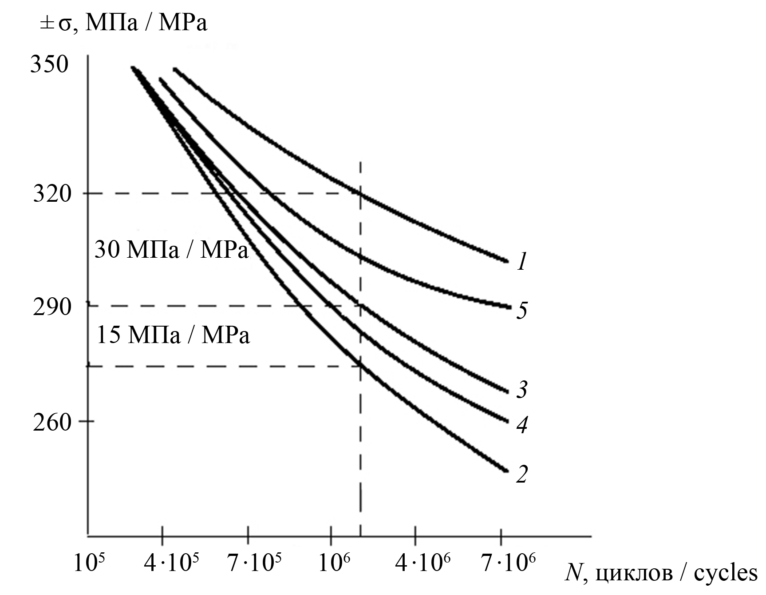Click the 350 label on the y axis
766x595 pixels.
coord(49,65)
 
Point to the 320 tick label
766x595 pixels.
coord(52,194)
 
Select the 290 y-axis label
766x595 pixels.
coord(52,307)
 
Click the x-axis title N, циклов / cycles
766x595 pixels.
coord(661,573)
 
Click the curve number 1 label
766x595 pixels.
coord(522,262)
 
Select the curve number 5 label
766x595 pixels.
coord(522,310)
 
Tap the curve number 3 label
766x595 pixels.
coord(522,390)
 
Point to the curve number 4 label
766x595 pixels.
coord(522,424)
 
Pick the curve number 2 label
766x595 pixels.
coord(522,474)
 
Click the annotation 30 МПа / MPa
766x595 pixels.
coord(171,251)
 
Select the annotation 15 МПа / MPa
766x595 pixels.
coord(173,335)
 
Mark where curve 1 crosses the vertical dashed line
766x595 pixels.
coord(360,193)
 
